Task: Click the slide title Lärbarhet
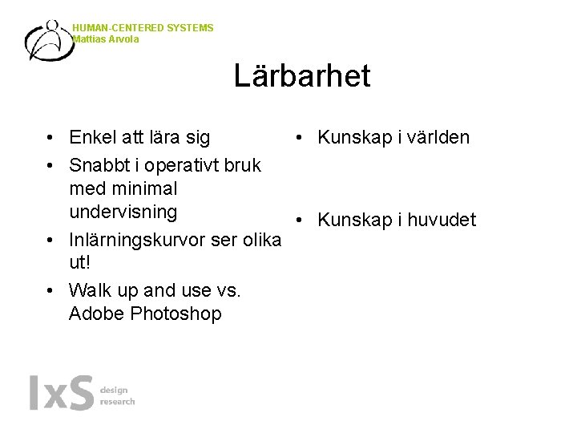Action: (302, 76)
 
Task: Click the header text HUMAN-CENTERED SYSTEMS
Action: (143, 28)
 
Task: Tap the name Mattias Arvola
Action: (106, 39)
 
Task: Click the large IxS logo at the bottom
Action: (61, 393)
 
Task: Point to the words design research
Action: (117, 395)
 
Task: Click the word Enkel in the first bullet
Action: (92, 138)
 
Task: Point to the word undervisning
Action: (123, 212)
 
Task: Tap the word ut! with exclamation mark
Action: (80, 263)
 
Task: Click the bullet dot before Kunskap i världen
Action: (297, 138)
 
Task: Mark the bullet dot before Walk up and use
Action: (50, 290)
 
